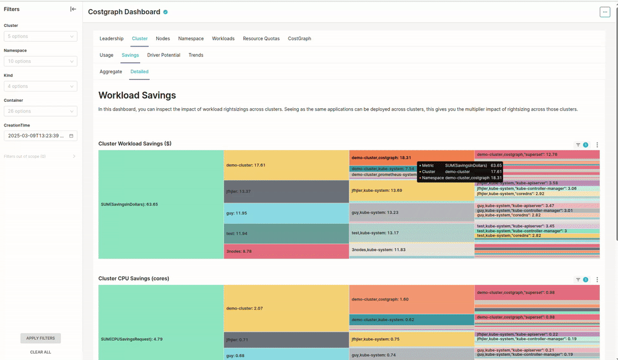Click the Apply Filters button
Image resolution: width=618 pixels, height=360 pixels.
pyautogui.click(x=41, y=338)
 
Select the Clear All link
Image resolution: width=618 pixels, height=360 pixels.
pyautogui.click(x=41, y=352)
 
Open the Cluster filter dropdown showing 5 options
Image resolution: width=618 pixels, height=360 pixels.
pyautogui.click(x=41, y=36)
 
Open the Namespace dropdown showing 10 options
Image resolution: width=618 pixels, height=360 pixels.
pyautogui.click(x=41, y=61)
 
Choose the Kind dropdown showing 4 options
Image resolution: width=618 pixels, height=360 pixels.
pyautogui.click(x=41, y=86)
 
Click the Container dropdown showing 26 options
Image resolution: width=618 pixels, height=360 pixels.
pyautogui.click(x=41, y=111)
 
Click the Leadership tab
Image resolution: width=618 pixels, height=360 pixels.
pyautogui.click(x=112, y=38)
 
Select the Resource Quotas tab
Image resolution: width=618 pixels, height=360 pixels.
pyautogui.click(x=261, y=38)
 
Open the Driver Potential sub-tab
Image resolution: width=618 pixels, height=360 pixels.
pyautogui.click(x=164, y=55)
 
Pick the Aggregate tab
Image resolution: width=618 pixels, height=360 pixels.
pyautogui.click(x=111, y=72)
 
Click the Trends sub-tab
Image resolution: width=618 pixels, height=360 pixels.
pyautogui.click(x=196, y=55)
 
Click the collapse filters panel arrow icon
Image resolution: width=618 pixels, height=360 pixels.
pyautogui.click(x=73, y=9)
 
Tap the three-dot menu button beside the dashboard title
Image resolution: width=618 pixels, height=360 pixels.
pyautogui.click(x=605, y=12)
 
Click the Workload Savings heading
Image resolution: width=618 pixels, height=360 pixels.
pyautogui.click(x=137, y=96)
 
